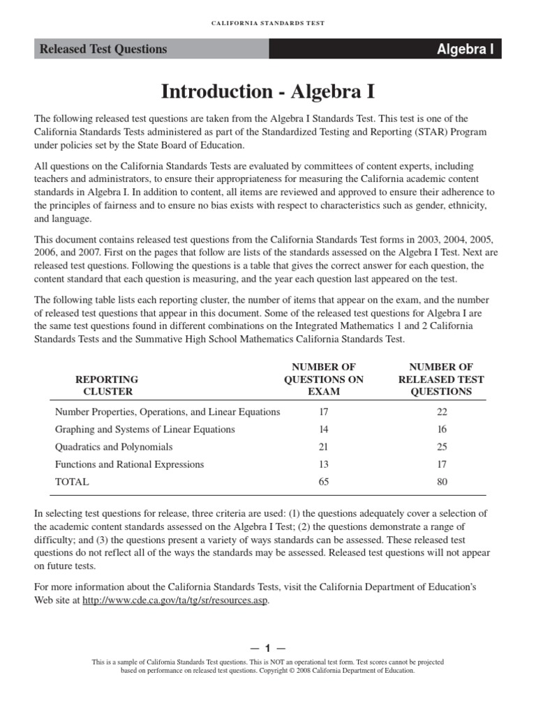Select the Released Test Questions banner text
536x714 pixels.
point(103,49)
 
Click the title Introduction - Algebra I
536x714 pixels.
point(268,91)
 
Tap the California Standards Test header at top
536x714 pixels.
point(268,23)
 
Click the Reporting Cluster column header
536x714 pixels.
point(107,386)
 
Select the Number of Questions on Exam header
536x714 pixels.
point(324,379)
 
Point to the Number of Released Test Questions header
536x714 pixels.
point(441,379)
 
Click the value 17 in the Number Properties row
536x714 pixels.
point(324,412)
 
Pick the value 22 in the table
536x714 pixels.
point(441,412)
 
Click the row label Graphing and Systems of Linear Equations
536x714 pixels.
point(145,430)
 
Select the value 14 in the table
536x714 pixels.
point(324,430)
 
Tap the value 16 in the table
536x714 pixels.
point(441,430)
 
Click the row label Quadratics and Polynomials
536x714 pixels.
point(114,447)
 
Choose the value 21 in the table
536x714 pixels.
point(324,447)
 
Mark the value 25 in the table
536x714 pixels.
point(441,447)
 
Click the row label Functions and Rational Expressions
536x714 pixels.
point(130,464)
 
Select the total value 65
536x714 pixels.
point(324,482)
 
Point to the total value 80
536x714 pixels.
point(441,482)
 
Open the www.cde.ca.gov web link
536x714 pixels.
point(175,600)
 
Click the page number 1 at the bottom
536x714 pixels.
point(268,649)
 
